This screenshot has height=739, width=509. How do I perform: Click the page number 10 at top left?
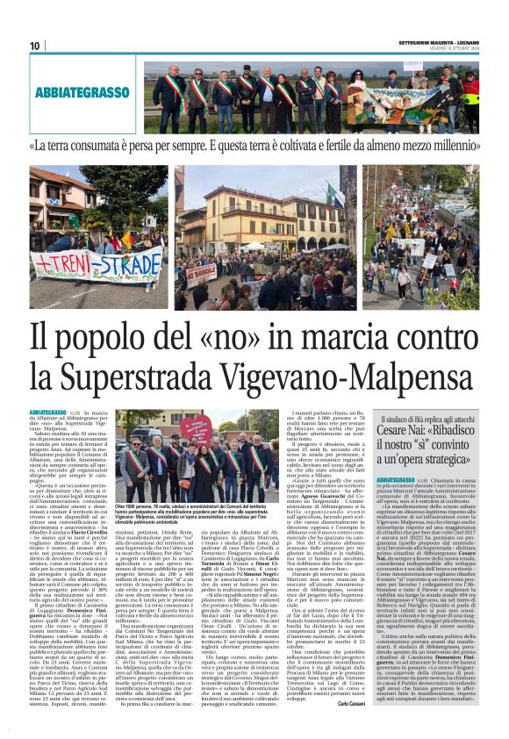coord(35,46)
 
